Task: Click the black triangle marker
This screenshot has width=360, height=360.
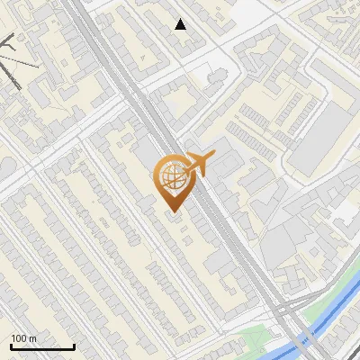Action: pos(181,24)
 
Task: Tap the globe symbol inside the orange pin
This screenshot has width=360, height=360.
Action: pos(171,177)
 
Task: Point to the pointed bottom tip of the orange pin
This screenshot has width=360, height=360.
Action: pos(173,213)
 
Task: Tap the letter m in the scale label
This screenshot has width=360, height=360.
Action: pos(33,338)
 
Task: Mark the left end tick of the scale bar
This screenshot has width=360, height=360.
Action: pos(11,346)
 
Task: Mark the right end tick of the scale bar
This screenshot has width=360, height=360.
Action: pos(74,346)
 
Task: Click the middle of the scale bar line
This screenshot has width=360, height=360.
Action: pos(42,346)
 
